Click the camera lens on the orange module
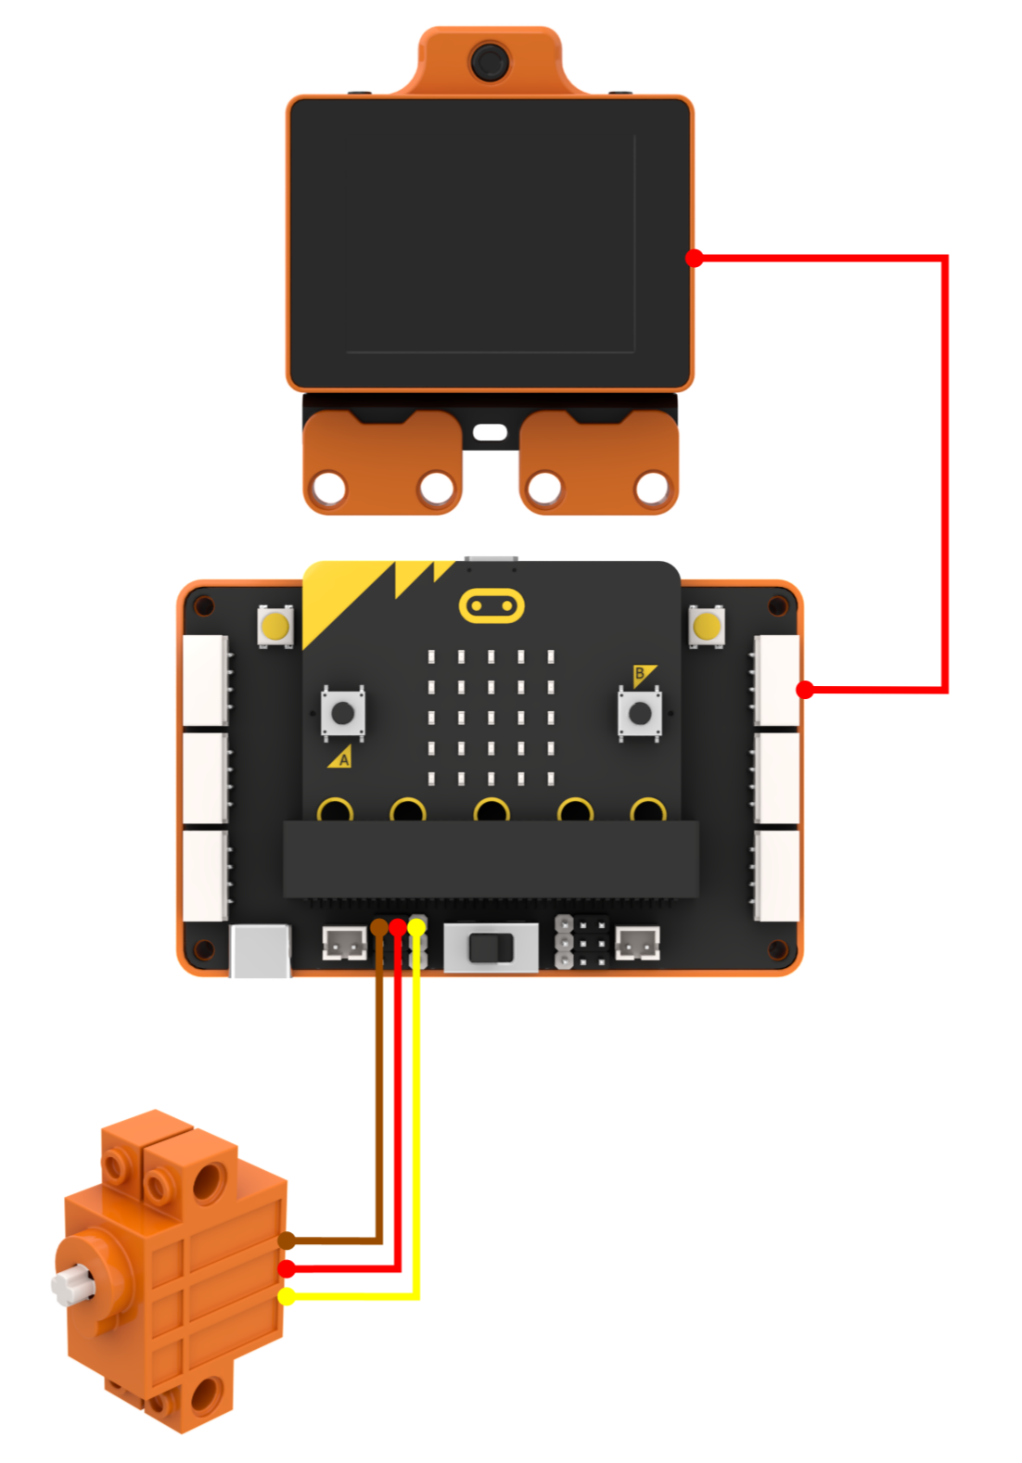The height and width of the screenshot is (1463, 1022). (x=490, y=62)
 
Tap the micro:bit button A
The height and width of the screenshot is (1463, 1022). (x=343, y=713)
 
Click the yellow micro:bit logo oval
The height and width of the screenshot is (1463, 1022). (x=492, y=606)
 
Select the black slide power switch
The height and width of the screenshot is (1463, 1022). (x=492, y=948)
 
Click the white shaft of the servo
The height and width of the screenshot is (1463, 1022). (x=72, y=1284)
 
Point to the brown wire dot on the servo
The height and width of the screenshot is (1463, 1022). (x=287, y=1240)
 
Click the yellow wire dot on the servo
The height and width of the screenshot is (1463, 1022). (x=287, y=1296)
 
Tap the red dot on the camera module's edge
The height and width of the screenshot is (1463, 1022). (x=694, y=259)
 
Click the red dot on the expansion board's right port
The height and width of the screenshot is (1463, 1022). (x=805, y=690)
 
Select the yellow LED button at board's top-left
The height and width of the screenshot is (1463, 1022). (x=275, y=627)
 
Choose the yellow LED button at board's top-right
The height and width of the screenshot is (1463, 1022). (x=707, y=627)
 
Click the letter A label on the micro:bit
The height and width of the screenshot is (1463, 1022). (x=344, y=760)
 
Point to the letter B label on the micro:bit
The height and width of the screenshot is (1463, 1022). (x=640, y=673)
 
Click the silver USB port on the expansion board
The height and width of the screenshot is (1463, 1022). (x=260, y=951)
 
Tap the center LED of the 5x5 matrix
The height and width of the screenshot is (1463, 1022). (x=491, y=718)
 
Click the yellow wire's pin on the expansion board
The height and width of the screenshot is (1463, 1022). (x=417, y=926)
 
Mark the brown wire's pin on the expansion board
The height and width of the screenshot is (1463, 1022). (x=379, y=926)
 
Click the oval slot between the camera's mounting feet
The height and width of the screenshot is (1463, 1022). (x=490, y=432)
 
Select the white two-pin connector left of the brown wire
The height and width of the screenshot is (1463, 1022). (x=344, y=944)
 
